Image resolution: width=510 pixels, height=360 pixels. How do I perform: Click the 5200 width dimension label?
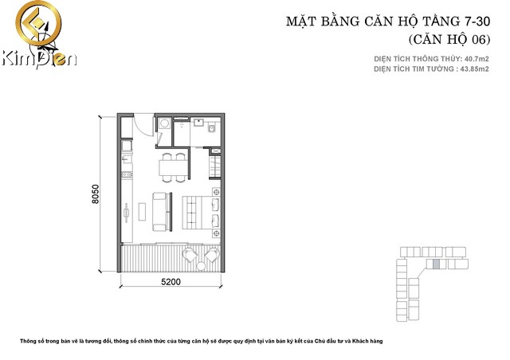[170, 281]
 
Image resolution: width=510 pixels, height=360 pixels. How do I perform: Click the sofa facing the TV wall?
[161, 209]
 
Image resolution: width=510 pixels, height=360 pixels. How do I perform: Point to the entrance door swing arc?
[140, 125]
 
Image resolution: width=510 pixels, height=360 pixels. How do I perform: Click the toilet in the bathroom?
[213, 127]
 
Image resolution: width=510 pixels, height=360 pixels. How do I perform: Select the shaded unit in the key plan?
[425, 284]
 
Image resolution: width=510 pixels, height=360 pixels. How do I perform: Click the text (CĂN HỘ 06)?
[448, 38]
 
